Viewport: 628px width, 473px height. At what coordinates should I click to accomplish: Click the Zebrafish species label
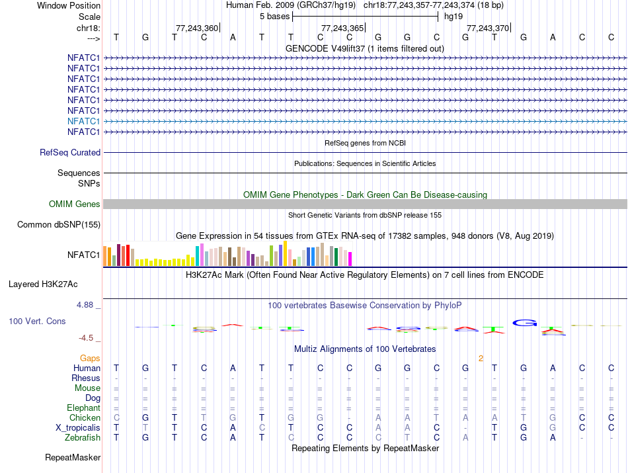click(83, 438)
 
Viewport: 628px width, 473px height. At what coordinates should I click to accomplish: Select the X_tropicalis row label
click(78, 428)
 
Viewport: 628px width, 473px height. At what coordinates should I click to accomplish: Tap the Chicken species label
click(85, 418)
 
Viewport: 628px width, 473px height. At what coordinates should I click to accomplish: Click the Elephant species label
click(83, 408)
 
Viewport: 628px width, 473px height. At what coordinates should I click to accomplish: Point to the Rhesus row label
click(86, 378)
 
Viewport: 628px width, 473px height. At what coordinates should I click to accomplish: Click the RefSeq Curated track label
click(70, 152)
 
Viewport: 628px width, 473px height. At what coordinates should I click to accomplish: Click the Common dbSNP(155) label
click(59, 225)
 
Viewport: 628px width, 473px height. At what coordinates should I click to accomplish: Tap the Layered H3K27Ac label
click(43, 284)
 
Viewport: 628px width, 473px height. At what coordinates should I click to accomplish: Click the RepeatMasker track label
click(73, 458)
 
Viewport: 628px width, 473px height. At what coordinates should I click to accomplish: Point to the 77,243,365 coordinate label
click(342, 28)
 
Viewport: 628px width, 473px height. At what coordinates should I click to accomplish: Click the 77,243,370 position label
click(488, 28)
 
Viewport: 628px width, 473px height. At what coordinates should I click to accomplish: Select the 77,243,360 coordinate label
click(196, 28)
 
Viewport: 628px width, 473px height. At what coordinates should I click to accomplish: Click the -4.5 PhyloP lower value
click(87, 338)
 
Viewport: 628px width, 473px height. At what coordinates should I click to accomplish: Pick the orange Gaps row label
click(90, 358)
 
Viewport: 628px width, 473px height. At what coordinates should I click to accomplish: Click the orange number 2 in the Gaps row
click(481, 358)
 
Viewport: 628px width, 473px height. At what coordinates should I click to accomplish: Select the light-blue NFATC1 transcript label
click(83, 121)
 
